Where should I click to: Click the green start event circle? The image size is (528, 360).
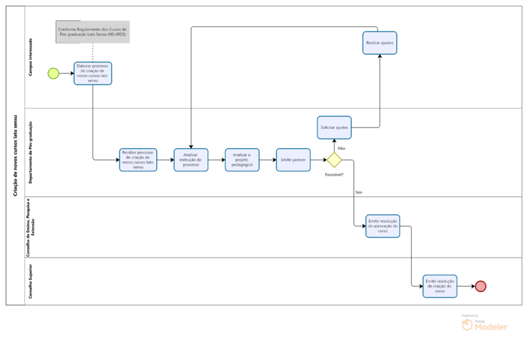(x=53, y=73)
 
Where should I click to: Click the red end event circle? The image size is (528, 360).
(x=480, y=286)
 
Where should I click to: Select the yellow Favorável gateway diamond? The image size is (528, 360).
(x=334, y=160)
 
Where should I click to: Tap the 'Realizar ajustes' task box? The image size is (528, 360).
(x=379, y=43)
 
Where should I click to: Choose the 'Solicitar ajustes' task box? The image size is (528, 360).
(x=334, y=127)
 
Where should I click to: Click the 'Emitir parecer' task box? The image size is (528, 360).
(x=293, y=160)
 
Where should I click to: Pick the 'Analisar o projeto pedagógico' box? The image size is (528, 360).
(x=242, y=160)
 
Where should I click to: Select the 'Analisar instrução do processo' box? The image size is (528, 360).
(x=191, y=160)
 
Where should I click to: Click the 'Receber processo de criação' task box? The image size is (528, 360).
(x=139, y=160)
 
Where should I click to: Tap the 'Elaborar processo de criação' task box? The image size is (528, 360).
(x=92, y=73)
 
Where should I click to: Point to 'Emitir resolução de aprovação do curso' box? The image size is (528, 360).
(x=383, y=226)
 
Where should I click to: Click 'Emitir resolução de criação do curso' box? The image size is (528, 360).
(x=440, y=286)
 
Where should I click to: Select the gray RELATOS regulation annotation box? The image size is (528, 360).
(x=92, y=32)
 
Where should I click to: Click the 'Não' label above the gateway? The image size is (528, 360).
(x=341, y=148)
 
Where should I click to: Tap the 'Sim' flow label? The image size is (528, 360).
(x=358, y=192)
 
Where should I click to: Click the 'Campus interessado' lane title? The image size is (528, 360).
(x=30, y=56)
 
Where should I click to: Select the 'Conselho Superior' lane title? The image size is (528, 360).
(x=30, y=281)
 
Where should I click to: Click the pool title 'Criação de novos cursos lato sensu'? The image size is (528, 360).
(x=15, y=155)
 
